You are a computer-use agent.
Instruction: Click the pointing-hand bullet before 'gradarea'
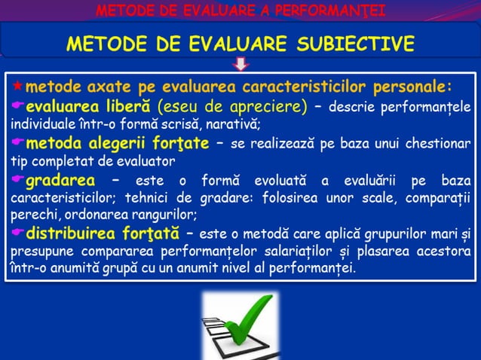click(x=17, y=181)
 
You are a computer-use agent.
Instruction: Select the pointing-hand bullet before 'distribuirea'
click(x=17, y=231)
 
